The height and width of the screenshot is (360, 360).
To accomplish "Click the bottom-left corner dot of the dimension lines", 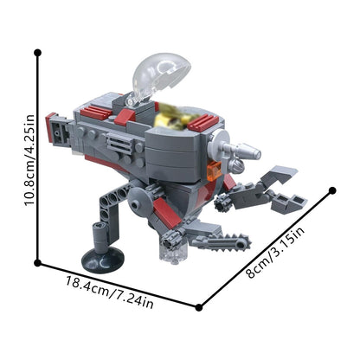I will pyautogui.click(x=37, y=263).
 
